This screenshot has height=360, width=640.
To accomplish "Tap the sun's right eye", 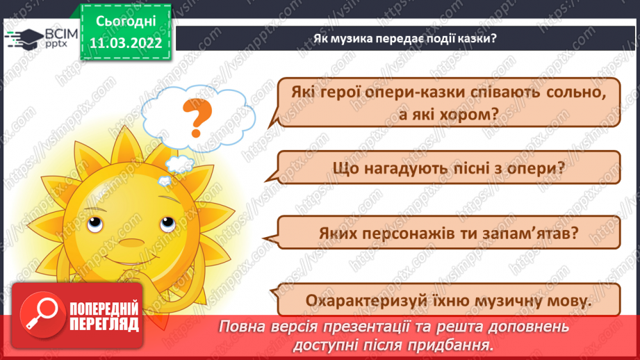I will tap(167, 224).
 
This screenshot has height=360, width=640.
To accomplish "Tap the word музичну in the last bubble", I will tap(504, 302).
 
